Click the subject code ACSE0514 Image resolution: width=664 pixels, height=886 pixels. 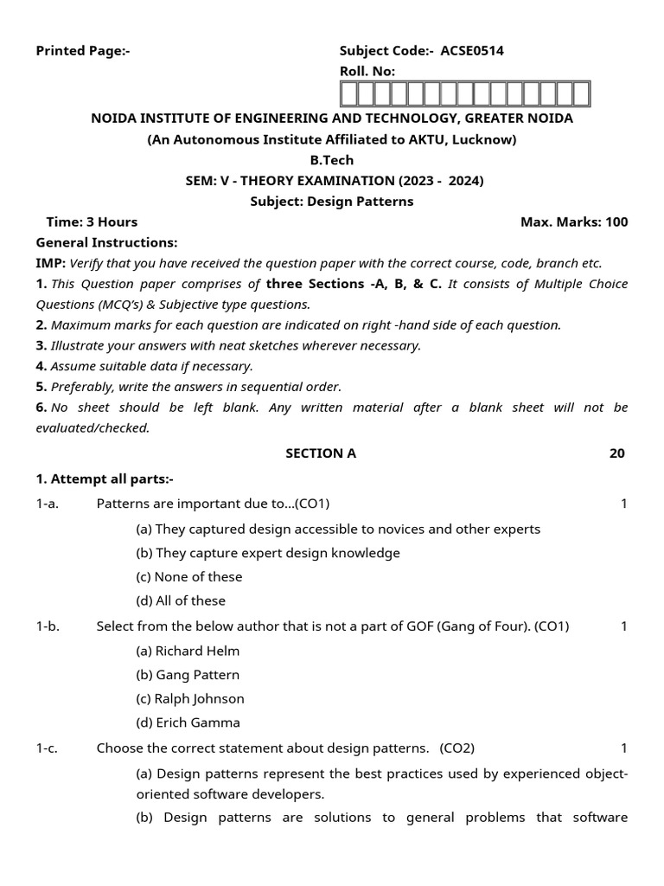pyautogui.click(x=472, y=51)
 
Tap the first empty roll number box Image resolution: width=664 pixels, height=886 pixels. pyautogui.click(x=349, y=93)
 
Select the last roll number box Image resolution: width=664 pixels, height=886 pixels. pyautogui.click(x=581, y=93)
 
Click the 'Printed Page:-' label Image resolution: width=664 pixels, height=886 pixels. pyautogui.click(x=82, y=51)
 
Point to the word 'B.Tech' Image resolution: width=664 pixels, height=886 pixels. pyautogui.click(x=332, y=160)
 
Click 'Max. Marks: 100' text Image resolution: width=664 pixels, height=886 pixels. pyautogui.click(x=574, y=222)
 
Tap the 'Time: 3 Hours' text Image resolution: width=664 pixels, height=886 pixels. pyautogui.click(x=92, y=222)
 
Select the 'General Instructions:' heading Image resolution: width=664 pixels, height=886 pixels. pyautogui.click(x=106, y=243)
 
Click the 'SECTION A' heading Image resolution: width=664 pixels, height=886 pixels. pyautogui.click(x=321, y=453)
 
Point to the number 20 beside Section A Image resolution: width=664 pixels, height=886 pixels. pyautogui.click(x=616, y=453)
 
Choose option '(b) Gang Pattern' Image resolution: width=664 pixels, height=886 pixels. pyautogui.click(x=188, y=675)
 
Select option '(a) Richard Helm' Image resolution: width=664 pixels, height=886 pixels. pyautogui.click(x=188, y=651)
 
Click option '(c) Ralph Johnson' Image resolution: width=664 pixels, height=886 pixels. pyautogui.click(x=190, y=698)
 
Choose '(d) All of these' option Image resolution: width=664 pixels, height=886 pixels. pyautogui.click(x=181, y=600)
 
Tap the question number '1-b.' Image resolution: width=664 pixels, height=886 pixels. pyautogui.click(x=48, y=626)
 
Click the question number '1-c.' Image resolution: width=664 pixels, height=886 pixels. pyautogui.click(x=47, y=748)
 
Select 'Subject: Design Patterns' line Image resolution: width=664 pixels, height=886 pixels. pyautogui.click(x=332, y=202)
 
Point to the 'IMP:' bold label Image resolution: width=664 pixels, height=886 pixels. pyautogui.click(x=50, y=264)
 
